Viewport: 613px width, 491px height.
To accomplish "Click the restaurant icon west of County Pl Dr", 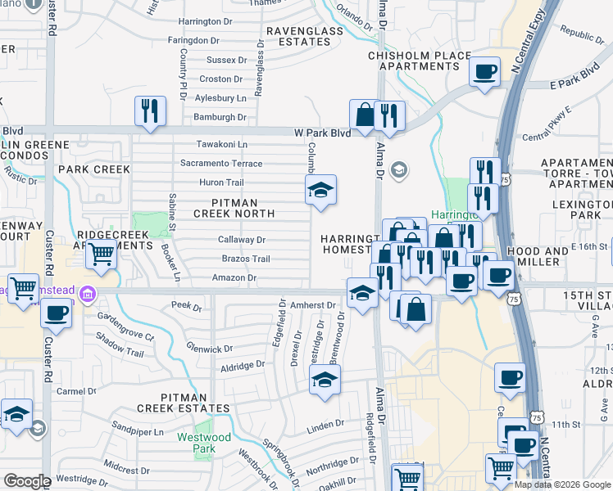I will [x=150, y=110].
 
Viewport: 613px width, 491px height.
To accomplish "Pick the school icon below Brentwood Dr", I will [x=325, y=380].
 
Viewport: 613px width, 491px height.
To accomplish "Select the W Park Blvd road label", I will [x=322, y=133].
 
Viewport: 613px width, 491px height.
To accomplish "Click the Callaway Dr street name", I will [x=241, y=240].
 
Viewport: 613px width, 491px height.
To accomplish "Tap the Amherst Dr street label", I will [x=314, y=305].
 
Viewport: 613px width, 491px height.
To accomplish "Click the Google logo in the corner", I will [x=27, y=481].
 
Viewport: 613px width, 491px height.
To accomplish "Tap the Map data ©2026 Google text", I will [x=561, y=484].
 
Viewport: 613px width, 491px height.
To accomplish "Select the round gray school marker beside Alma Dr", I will [x=399, y=170].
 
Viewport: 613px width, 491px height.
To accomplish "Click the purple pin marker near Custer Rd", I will [x=89, y=294].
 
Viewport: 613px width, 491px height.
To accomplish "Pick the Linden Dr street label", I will [x=325, y=424].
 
